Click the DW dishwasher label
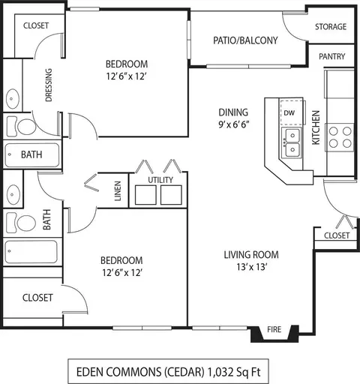tap(289, 112)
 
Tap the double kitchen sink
tap(292, 142)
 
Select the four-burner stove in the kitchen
tap(340, 137)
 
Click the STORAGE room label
tap(331, 26)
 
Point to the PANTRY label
tap(331, 56)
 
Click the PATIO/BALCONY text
tap(245, 40)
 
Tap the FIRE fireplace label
tap(274, 329)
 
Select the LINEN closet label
tap(118, 190)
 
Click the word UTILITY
tap(160, 180)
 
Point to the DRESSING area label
tap(49, 85)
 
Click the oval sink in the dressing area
tap(12, 99)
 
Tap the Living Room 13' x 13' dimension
tap(251, 267)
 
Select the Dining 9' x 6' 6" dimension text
tap(233, 124)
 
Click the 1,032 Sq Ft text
tap(234, 372)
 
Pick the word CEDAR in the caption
tap(184, 372)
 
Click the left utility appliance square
tap(145, 195)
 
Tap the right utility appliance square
tap(171, 195)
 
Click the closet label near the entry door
tap(337, 235)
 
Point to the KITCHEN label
tap(316, 127)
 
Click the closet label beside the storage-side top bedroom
tap(36, 25)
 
